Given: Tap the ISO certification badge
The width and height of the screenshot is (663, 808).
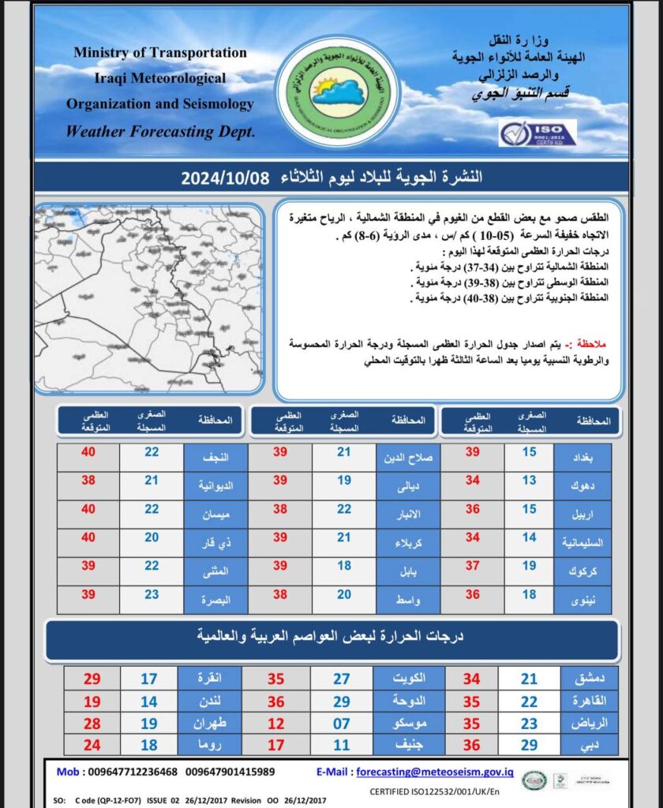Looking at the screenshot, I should tap(538, 133).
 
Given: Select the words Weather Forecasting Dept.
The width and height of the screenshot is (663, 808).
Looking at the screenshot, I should tap(160, 132).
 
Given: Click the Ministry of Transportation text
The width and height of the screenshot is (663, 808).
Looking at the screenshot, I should tap(160, 53).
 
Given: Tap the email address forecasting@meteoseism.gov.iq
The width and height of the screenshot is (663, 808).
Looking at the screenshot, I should tap(435, 772).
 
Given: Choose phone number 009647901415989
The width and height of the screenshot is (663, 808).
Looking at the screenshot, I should tap(230, 772).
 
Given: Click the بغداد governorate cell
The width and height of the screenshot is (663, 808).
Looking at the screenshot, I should tap(586, 458).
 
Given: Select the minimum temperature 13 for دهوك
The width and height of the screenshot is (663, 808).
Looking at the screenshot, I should tap(529, 481).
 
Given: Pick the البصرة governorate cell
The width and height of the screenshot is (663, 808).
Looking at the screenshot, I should tap(215, 600).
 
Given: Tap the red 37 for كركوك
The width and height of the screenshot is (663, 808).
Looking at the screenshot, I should tap(473, 566).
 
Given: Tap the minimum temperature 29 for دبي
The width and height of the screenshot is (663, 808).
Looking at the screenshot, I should tap(529, 744).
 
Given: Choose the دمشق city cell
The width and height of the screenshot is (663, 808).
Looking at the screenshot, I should tap(587, 679).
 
